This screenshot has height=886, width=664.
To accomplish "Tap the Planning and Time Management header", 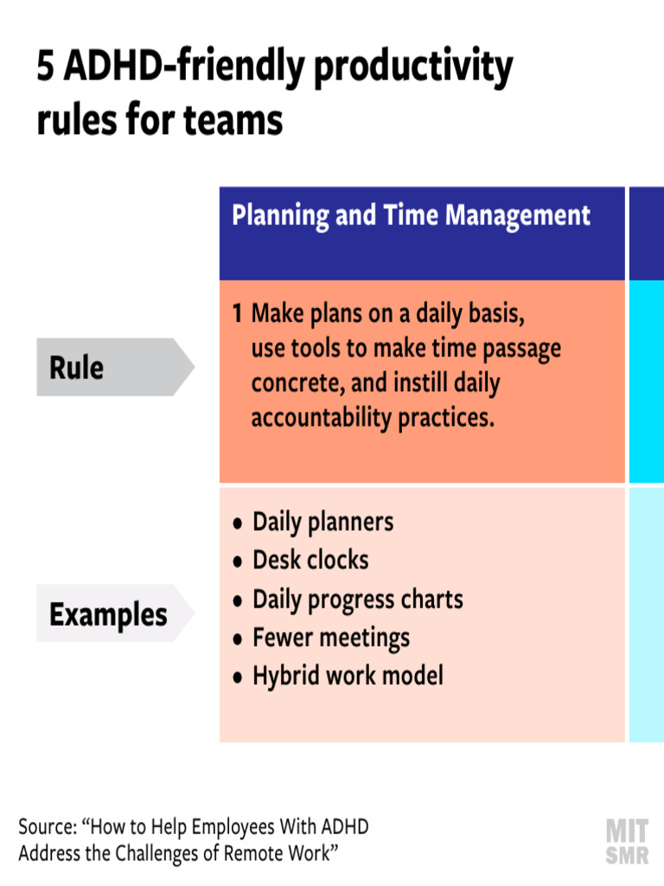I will click(x=412, y=215).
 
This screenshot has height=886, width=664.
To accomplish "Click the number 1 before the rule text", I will click(x=237, y=314).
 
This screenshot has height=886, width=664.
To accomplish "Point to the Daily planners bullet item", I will click(x=322, y=523).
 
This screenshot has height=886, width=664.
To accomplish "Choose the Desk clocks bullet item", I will click(x=310, y=561).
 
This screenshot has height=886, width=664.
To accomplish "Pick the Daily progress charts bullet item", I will click(x=357, y=600).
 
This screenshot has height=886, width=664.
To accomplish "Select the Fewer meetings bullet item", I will click(x=331, y=639).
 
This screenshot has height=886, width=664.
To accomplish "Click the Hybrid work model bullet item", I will click(x=348, y=676).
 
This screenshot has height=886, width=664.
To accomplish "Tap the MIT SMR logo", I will click(x=628, y=841).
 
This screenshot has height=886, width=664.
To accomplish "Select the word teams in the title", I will click(x=233, y=120).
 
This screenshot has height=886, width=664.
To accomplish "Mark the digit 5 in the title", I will click(x=46, y=68).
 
